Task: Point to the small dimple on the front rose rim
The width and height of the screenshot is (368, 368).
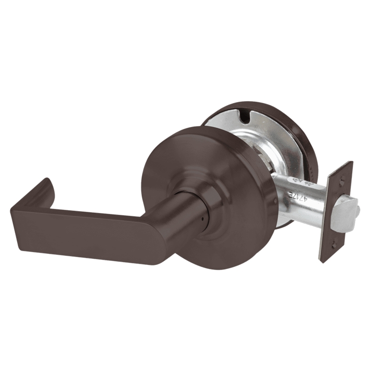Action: (276, 201)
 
